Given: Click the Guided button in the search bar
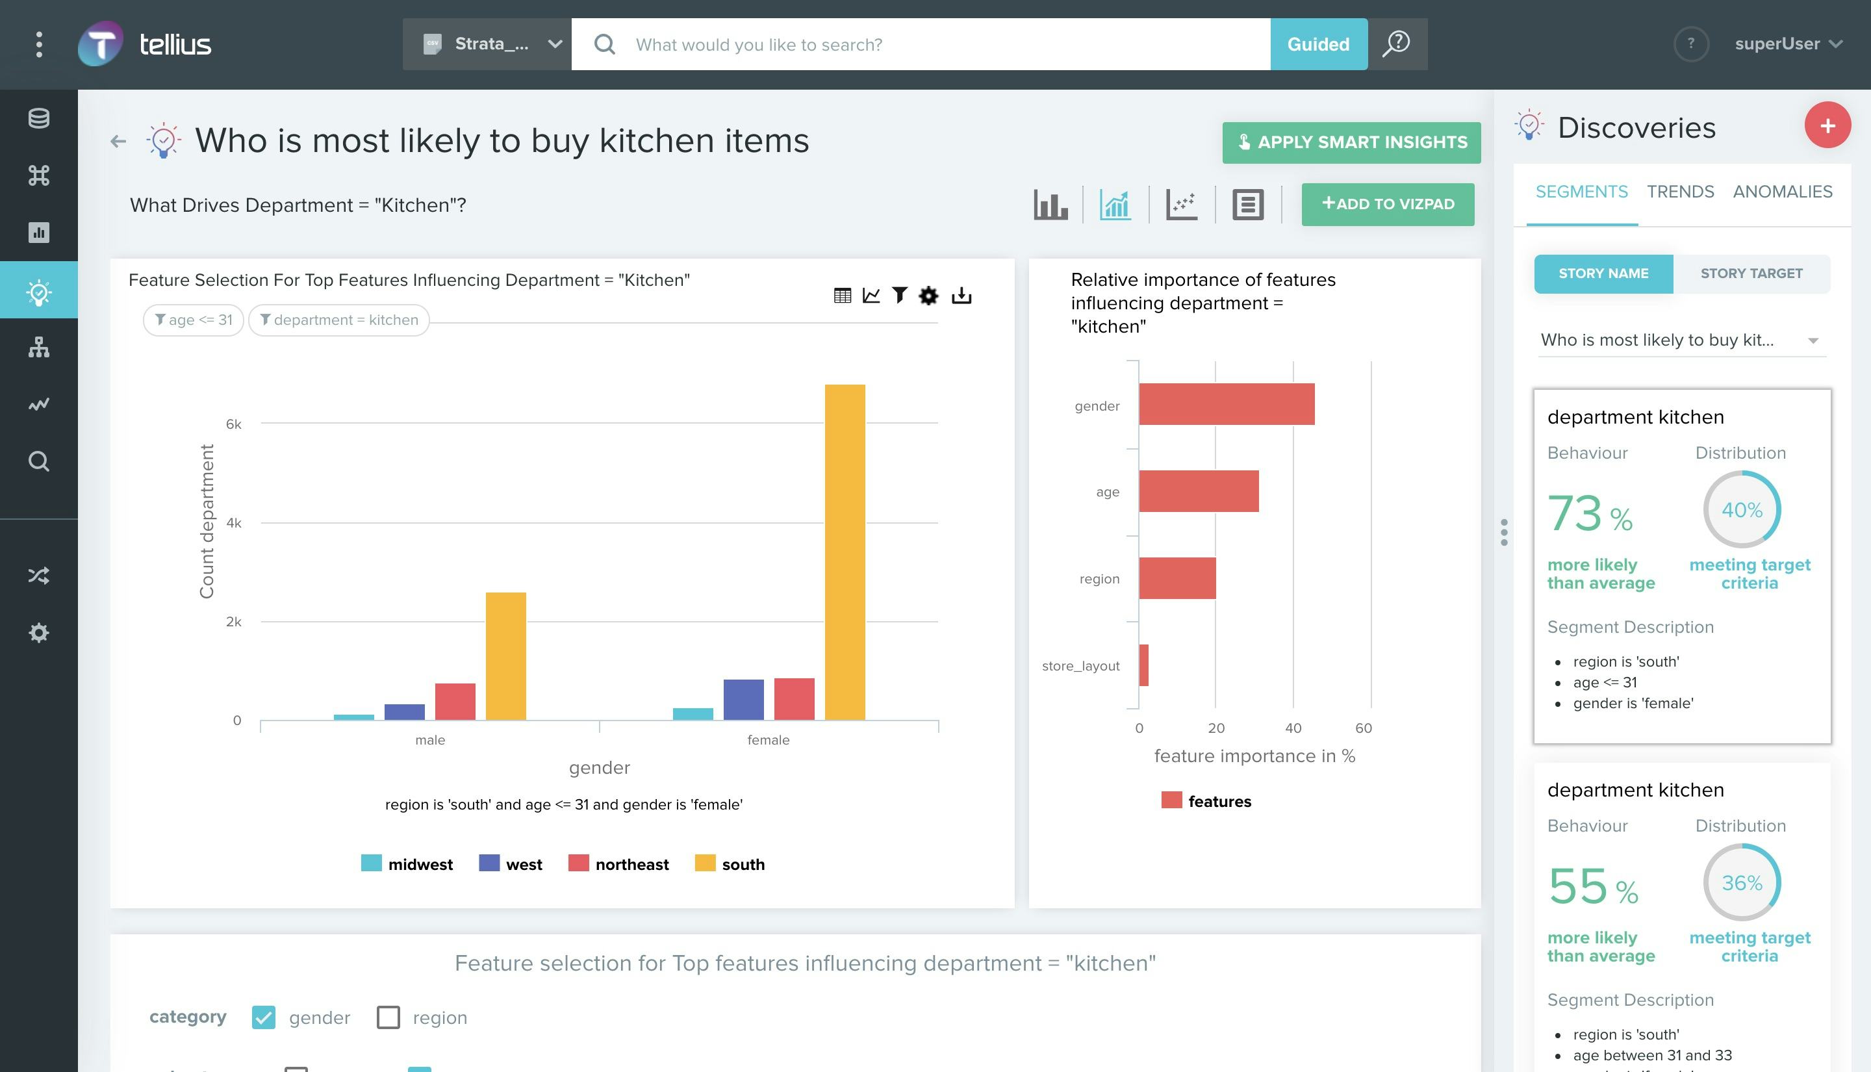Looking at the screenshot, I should (1317, 44).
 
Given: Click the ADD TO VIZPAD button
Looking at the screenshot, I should (1387, 204).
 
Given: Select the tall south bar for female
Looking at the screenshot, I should (845, 552).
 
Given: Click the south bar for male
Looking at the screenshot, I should (505, 656).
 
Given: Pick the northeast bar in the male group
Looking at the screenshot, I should (455, 701).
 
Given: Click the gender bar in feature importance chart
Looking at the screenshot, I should (1225, 404).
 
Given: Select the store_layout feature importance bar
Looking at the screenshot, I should (1143, 665).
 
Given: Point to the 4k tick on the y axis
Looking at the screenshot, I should (233, 523).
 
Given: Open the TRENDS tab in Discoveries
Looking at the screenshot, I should (1679, 192).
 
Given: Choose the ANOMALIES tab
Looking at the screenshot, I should (1782, 192).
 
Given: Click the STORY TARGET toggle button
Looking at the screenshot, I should (1750, 273).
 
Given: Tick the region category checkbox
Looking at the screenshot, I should (388, 1017).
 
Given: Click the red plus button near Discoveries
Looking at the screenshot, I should (1826, 125).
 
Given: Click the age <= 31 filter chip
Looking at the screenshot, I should (193, 320).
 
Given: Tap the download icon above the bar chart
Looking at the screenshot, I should (961, 295).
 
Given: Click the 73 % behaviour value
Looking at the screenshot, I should (1589, 513).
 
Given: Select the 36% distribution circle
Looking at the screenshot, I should (1740, 882).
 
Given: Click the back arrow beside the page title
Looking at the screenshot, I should (118, 140).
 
